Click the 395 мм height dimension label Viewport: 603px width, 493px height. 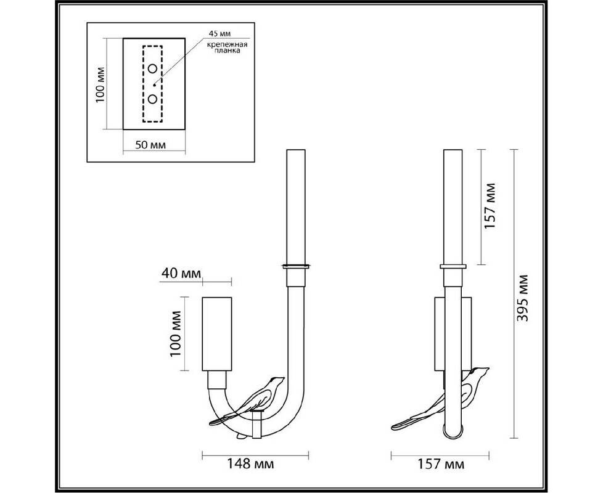pyautogui.click(x=523, y=298)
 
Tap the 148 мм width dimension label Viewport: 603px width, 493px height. pyautogui.click(x=250, y=464)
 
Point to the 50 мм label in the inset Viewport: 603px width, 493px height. pyautogui.click(x=150, y=145)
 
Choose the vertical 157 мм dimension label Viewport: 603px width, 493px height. pyautogui.click(x=490, y=206)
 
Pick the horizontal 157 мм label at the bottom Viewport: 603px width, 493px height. pyautogui.click(x=441, y=464)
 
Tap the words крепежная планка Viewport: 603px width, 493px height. pyautogui.click(x=228, y=47)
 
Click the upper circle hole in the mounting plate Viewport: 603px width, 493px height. pyautogui.click(x=153, y=69)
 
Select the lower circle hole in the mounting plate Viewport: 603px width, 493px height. pyautogui.click(x=153, y=99)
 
